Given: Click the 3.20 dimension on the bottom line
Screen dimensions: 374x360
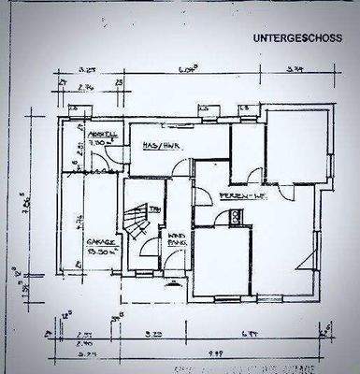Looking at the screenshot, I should coord(158,333).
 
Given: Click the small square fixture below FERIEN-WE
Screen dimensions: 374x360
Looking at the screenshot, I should coord(237,217).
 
